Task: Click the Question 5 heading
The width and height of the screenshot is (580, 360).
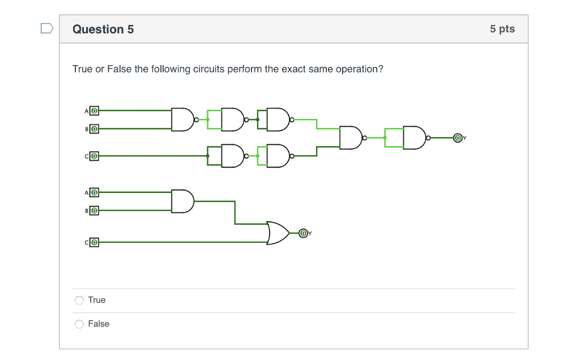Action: pyautogui.click(x=103, y=29)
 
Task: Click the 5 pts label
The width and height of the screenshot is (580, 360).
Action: pyautogui.click(x=502, y=29)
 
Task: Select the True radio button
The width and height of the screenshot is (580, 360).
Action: pyautogui.click(x=79, y=300)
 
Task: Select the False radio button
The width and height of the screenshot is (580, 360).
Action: pyautogui.click(x=79, y=324)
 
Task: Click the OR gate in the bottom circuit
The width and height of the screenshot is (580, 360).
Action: pyautogui.click(x=278, y=233)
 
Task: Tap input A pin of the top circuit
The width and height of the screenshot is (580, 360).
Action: pyautogui.click(x=95, y=110)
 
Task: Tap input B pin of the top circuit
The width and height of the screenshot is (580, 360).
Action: pyautogui.click(x=95, y=128)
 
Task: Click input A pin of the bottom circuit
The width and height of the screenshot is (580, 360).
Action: pyautogui.click(x=95, y=192)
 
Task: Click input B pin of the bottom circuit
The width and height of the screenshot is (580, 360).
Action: pyautogui.click(x=95, y=211)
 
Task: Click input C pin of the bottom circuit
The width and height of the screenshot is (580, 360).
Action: pyautogui.click(x=95, y=242)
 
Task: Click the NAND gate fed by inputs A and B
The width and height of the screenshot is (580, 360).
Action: pyautogui.click(x=182, y=119)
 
